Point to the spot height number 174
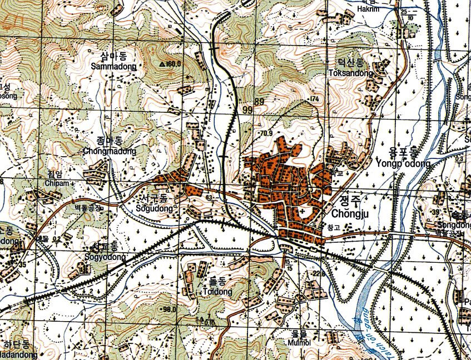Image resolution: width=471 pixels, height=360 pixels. pos(316,98)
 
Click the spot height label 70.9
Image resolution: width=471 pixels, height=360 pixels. pos(266,133)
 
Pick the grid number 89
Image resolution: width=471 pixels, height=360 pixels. pos(259,102)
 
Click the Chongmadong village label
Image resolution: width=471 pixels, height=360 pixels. pos(109,151)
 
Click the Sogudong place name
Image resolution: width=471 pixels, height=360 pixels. pos(151,209)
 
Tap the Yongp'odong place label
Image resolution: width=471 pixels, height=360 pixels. pos(403,164)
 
